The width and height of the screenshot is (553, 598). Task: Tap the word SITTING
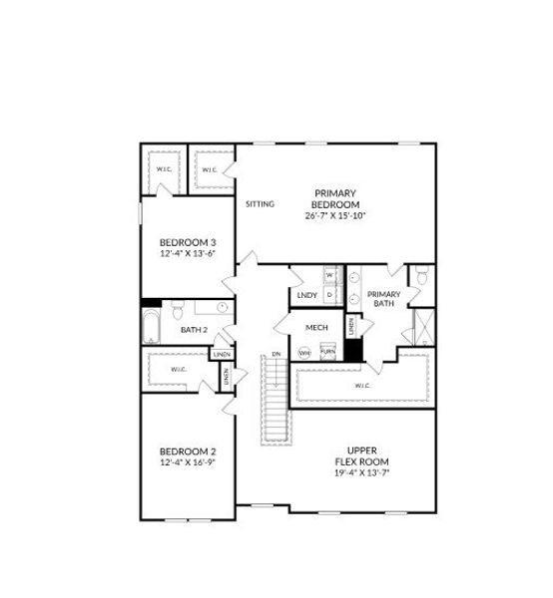pyautogui.click(x=260, y=204)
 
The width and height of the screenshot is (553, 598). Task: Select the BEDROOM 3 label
pyautogui.click(x=188, y=242)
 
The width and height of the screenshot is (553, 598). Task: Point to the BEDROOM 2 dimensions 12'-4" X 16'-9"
pyautogui.click(x=188, y=462)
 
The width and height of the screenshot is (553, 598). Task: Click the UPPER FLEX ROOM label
pyautogui.click(x=360, y=456)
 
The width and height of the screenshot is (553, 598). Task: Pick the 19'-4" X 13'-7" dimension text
pyautogui.click(x=360, y=473)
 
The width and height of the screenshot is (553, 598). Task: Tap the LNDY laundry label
pyautogui.click(x=306, y=295)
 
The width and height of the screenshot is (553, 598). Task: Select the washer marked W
pyautogui.click(x=328, y=274)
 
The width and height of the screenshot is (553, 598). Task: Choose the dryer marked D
pyautogui.click(x=328, y=294)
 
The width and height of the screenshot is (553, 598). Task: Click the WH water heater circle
pyautogui.click(x=304, y=352)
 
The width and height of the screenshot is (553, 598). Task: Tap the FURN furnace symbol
pyautogui.click(x=326, y=352)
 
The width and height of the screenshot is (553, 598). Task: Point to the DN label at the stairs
pyautogui.click(x=276, y=355)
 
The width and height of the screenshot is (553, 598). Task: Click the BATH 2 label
pyautogui.click(x=194, y=330)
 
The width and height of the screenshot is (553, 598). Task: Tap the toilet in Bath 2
pyautogui.click(x=177, y=308)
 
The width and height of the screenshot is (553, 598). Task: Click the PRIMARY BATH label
pyautogui.click(x=384, y=299)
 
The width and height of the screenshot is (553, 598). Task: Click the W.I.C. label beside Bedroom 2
pyautogui.click(x=179, y=370)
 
